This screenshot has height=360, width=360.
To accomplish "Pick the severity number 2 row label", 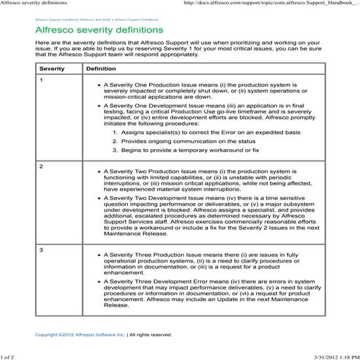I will coord(41,167).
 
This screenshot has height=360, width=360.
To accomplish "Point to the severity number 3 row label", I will coord(41,250).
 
